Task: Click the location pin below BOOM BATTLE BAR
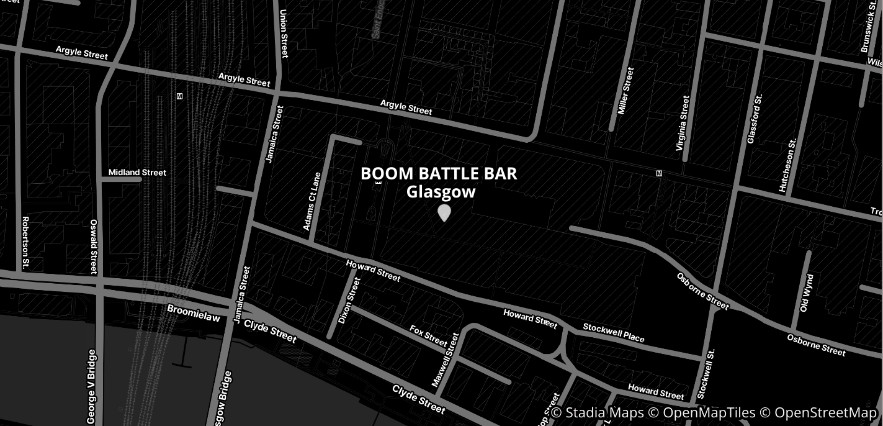click(x=444, y=212)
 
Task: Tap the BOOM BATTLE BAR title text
click(x=439, y=173)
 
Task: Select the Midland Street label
click(x=137, y=172)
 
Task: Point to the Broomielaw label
click(x=194, y=312)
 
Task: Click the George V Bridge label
click(x=92, y=386)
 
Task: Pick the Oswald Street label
click(x=94, y=246)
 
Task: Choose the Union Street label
click(x=284, y=34)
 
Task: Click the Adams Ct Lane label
click(x=312, y=201)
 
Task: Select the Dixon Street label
click(x=349, y=301)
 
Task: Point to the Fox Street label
click(x=428, y=335)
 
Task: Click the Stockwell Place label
click(x=614, y=332)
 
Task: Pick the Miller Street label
click(x=626, y=91)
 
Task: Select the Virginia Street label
click(x=683, y=124)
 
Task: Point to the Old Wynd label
click(x=806, y=293)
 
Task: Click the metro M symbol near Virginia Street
click(x=659, y=173)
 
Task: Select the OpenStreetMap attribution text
click(x=825, y=413)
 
